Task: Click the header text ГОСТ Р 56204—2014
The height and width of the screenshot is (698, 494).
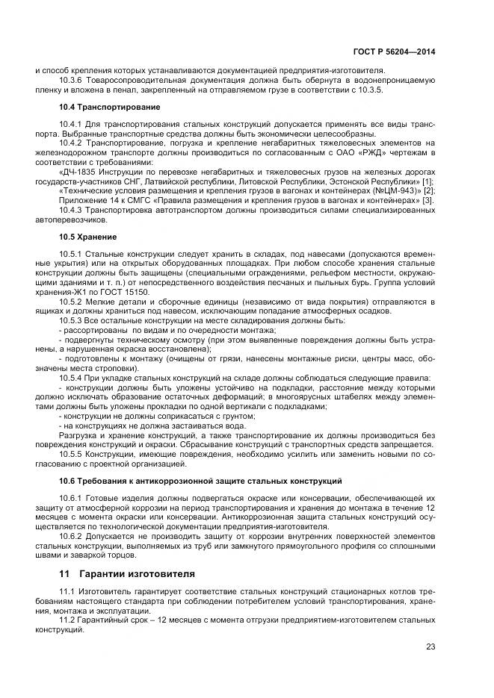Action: pos(394,52)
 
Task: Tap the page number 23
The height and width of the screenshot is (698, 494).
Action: pos(430,646)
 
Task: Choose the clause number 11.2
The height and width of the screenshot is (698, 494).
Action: pos(68,620)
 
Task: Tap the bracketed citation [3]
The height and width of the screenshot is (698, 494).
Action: pos(427,199)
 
